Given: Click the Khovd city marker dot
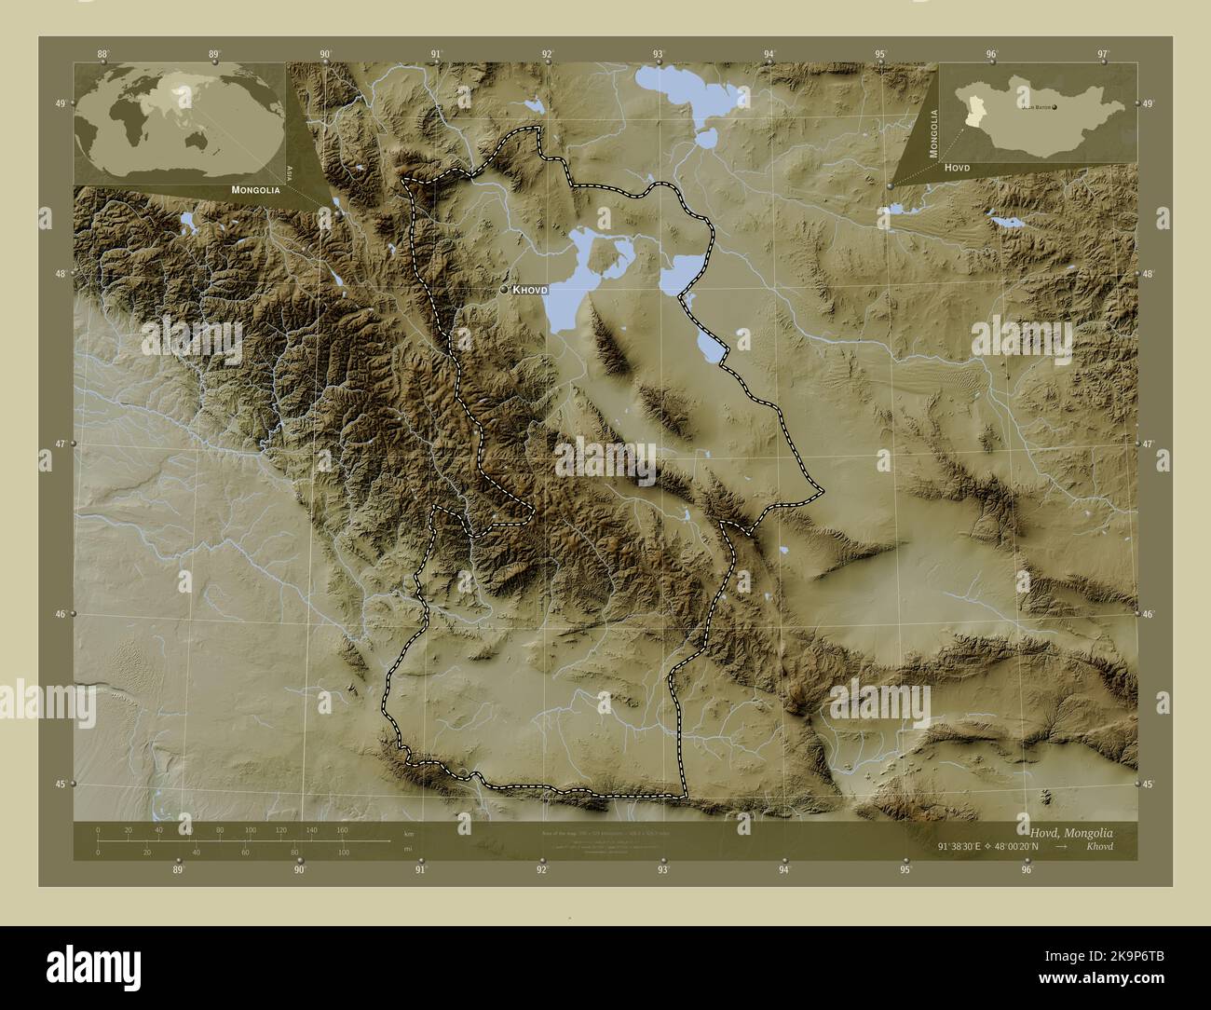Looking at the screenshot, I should point(504,290).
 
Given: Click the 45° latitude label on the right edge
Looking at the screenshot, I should point(1148,785).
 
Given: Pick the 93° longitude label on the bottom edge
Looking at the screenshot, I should point(663,870).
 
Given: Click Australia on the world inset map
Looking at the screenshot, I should point(199,140).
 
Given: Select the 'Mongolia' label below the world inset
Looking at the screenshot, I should point(244,189).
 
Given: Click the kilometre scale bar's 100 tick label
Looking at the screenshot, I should point(250,829).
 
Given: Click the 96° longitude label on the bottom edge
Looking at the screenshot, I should point(1027,870).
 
